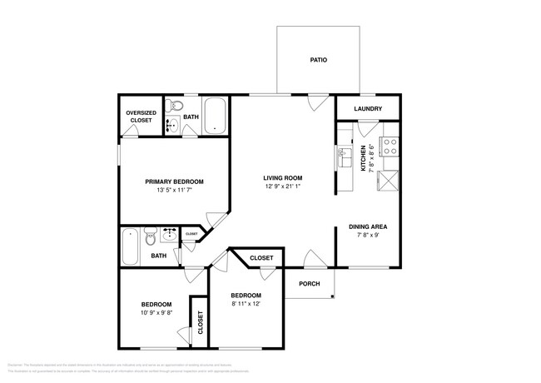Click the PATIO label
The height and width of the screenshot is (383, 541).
[318, 61]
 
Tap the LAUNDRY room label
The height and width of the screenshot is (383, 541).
[368, 109]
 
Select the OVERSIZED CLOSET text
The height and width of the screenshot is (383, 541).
[140, 117]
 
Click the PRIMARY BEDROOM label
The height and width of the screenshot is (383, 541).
[174, 182]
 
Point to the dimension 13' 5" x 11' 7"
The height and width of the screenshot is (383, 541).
[174, 191]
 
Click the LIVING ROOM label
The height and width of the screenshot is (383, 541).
[282, 177]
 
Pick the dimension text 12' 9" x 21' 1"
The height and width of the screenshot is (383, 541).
[282, 187]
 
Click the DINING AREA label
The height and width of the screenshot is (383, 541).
[367, 226]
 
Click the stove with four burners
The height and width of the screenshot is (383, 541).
[389, 147]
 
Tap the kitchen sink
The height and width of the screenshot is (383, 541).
[343, 156]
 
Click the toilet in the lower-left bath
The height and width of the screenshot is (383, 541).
[151, 236]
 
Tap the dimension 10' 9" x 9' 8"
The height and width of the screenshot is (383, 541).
[156, 313]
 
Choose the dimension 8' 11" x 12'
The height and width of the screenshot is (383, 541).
[246, 304]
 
